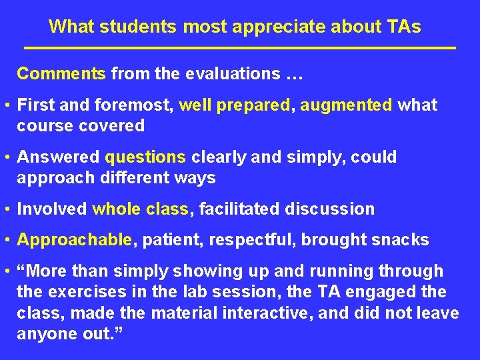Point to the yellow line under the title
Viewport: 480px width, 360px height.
[x=240, y=48]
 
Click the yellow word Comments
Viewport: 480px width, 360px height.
[x=61, y=73]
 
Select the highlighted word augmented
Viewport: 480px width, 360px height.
[x=346, y=105]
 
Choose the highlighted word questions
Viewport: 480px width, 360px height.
[x=145, y=157]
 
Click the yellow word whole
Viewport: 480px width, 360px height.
[x=117, y=209]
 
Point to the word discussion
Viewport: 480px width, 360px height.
[x=330, y=209]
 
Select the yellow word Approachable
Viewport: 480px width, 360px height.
[x=74, y=240]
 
